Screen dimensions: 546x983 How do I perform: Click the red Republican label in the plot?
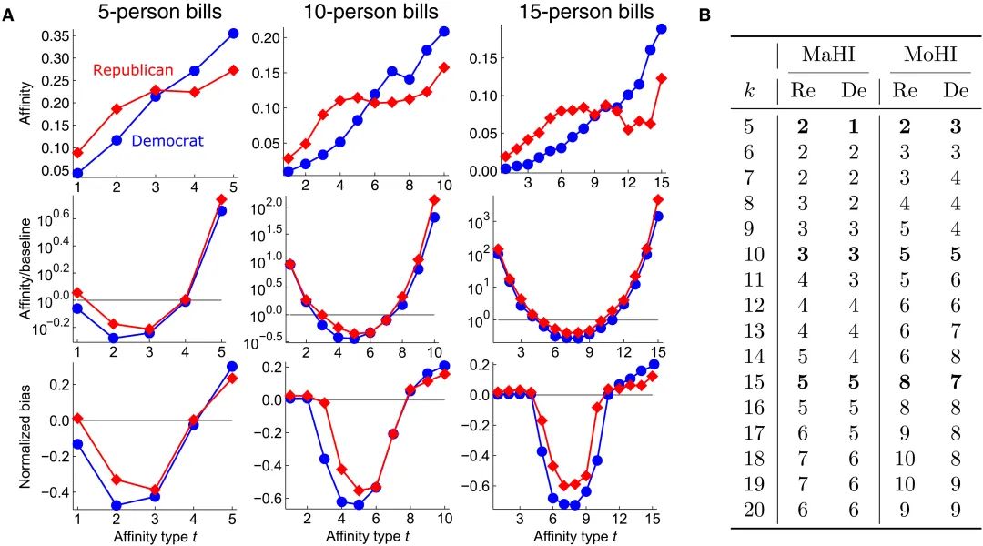pos(133,70)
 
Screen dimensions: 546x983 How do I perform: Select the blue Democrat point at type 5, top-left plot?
pos(233,34)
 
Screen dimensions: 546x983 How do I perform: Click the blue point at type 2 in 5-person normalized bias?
pos(116,505)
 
